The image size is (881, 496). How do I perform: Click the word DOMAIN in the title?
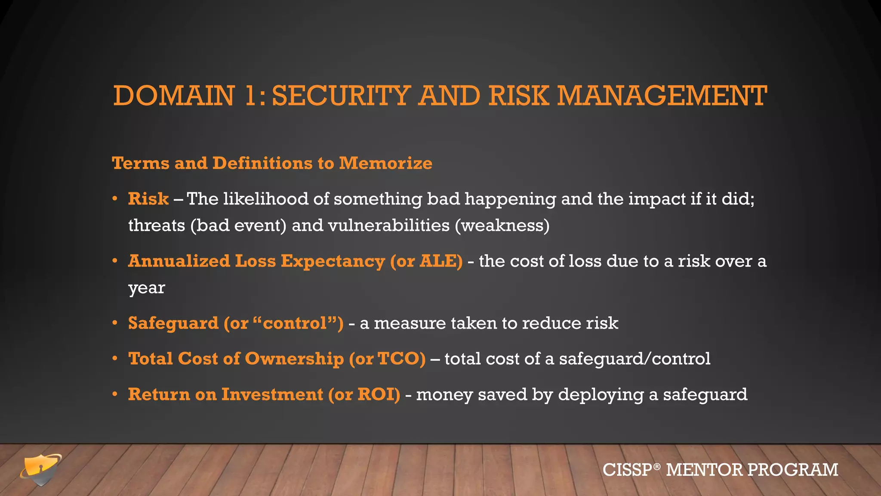click(x=174, y=96)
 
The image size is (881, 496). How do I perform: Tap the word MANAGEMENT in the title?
click(x=662, y=96)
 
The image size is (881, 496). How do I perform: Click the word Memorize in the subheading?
click(x=385, y=163)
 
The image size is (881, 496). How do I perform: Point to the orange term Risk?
click(x=148, y=199)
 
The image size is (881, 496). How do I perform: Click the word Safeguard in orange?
click(x=173, y=323)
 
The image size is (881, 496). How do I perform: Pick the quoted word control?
click(x=295, y=323)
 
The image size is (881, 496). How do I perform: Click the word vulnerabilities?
click(x=388, y=226)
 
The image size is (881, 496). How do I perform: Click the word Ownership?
click(x=294, y=359)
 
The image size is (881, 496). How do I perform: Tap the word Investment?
click(x=272, y=394)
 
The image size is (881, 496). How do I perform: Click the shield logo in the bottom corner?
click(x=41, y=469)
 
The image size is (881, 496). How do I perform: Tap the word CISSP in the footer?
click(x=628, y=470)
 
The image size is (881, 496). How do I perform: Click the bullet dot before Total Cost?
click(x=115, y=359)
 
